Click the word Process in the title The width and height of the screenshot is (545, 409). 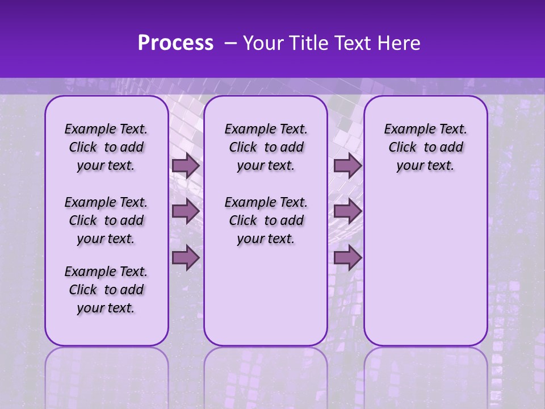pos(175,43)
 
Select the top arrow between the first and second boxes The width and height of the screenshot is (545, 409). pos(186,165)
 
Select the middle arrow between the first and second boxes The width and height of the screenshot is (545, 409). pos(186,211)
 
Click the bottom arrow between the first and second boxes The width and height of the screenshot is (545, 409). pos(186,258)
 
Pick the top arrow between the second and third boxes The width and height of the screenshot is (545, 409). pos(347,165)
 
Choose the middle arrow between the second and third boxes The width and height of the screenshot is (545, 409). pos(347,211)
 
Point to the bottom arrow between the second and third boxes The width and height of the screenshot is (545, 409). pos(347,258)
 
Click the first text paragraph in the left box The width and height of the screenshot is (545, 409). pos(106,147)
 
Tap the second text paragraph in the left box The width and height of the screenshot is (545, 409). pos(106,220)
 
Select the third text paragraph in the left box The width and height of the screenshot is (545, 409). pos(106,290)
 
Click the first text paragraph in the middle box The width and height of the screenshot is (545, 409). pos(266,147)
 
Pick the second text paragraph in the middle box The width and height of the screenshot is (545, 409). pos(266,220)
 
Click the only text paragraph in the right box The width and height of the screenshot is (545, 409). pos(425,147)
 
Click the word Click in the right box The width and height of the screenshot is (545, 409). pos(403,148)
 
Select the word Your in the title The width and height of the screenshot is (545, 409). pos(263,43)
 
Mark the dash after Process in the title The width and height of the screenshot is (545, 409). pos(230,43)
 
